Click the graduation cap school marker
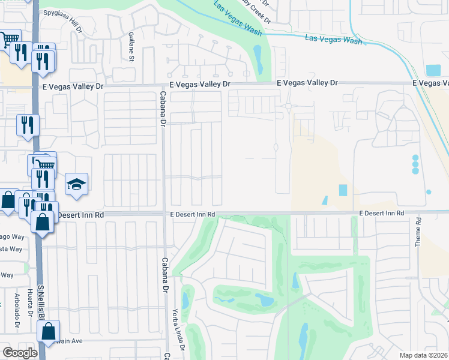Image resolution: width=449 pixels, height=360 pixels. [x=77, y=184]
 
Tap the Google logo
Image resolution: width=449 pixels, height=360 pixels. [x=19, y=353]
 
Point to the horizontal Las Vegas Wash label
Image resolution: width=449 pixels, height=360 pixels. [x=334, y=40]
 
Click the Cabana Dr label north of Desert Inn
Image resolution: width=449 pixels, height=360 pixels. [x=161, y=109]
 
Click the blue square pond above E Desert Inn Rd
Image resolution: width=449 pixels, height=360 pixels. [x=343, y=190]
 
